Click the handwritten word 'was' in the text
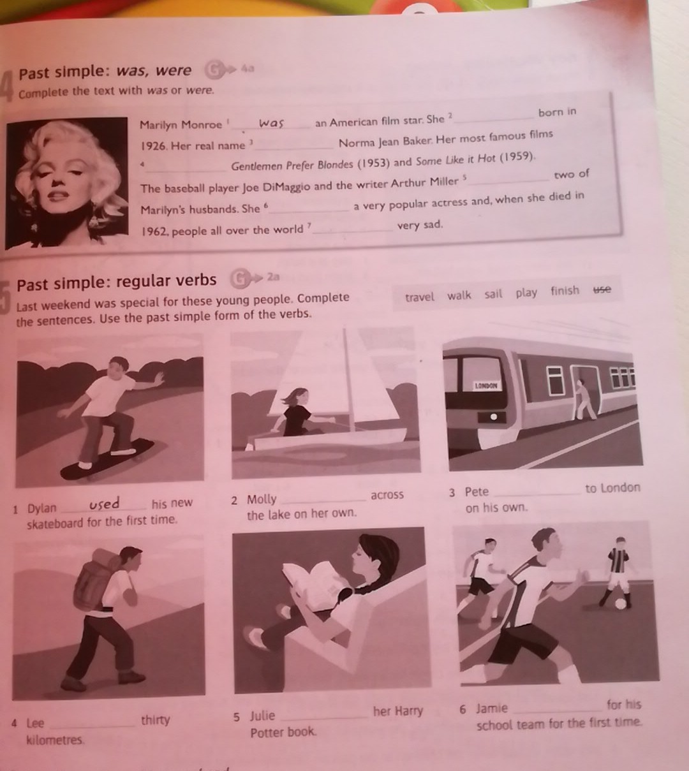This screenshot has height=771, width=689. [271, 123]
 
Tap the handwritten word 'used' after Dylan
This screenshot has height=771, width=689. [104, 504]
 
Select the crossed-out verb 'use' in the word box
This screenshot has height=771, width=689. [602, 290]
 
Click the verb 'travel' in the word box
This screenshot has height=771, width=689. [420, 297]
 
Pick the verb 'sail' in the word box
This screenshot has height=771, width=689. [493, 294]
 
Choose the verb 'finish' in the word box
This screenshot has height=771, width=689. [565, 291]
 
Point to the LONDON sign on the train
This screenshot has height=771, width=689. [486, 385]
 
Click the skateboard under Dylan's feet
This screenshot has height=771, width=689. [107, 460]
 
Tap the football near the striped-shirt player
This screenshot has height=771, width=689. [621, 604]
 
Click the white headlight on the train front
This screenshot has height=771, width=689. [494, 416]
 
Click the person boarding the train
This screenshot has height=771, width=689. [584, 400]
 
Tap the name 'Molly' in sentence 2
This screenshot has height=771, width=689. [262, 499]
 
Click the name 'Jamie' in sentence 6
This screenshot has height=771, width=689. [492, 709]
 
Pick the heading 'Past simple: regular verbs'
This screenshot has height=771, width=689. [117, 282]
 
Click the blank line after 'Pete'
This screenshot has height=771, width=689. [537, 494]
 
